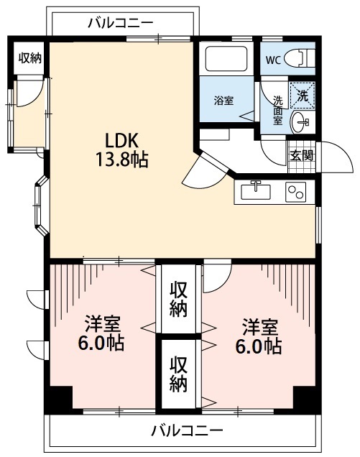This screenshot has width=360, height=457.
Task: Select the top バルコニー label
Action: point(120,22)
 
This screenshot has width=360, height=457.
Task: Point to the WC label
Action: point(273,59)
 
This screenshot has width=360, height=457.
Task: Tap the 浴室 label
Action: point(223,101)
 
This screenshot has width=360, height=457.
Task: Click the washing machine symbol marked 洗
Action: point(302,93)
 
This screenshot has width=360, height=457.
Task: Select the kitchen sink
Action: point(256,192)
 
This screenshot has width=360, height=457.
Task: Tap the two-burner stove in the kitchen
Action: point(295,192)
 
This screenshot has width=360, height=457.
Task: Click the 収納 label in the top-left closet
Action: point(29,58)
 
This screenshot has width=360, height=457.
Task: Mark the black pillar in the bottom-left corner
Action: point(60,398)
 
